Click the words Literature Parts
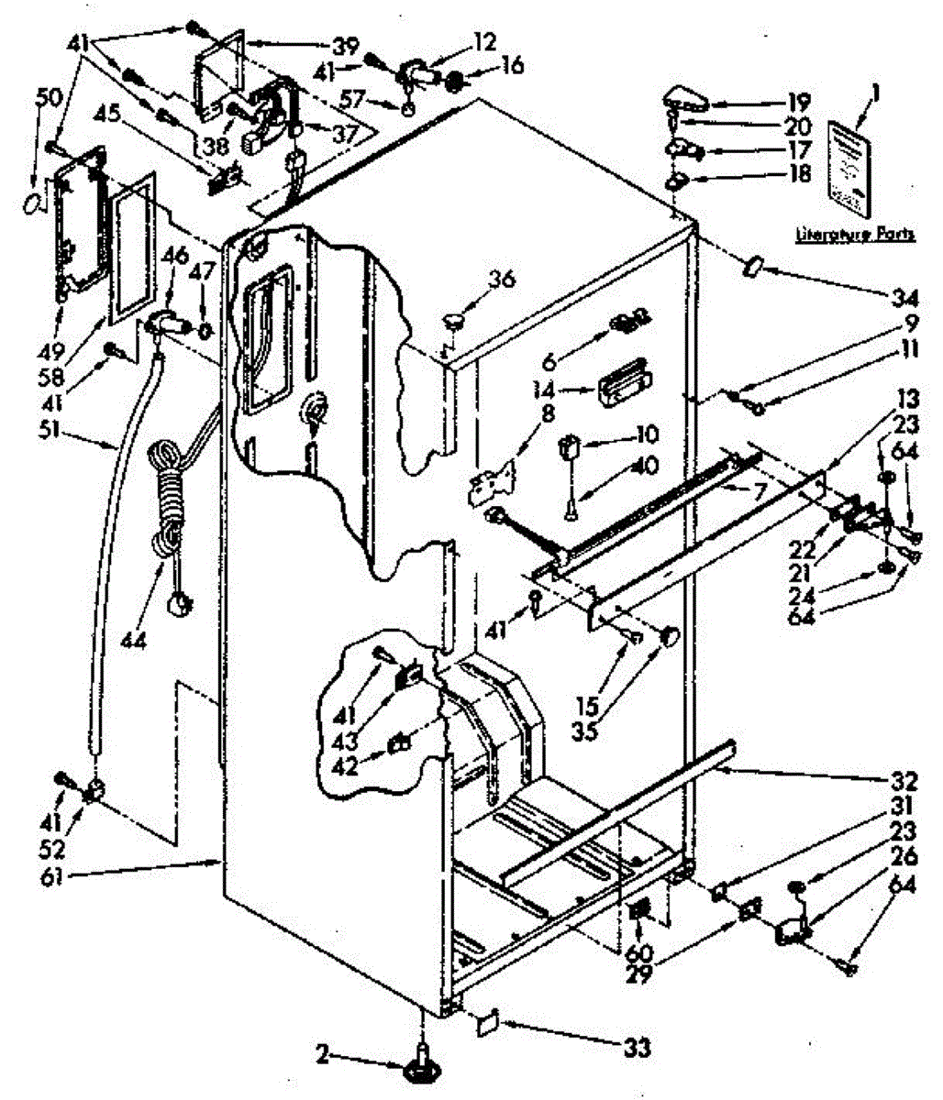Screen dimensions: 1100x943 854,235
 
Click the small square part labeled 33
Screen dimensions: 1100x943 487,1019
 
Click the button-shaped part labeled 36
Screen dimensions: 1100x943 453,319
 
